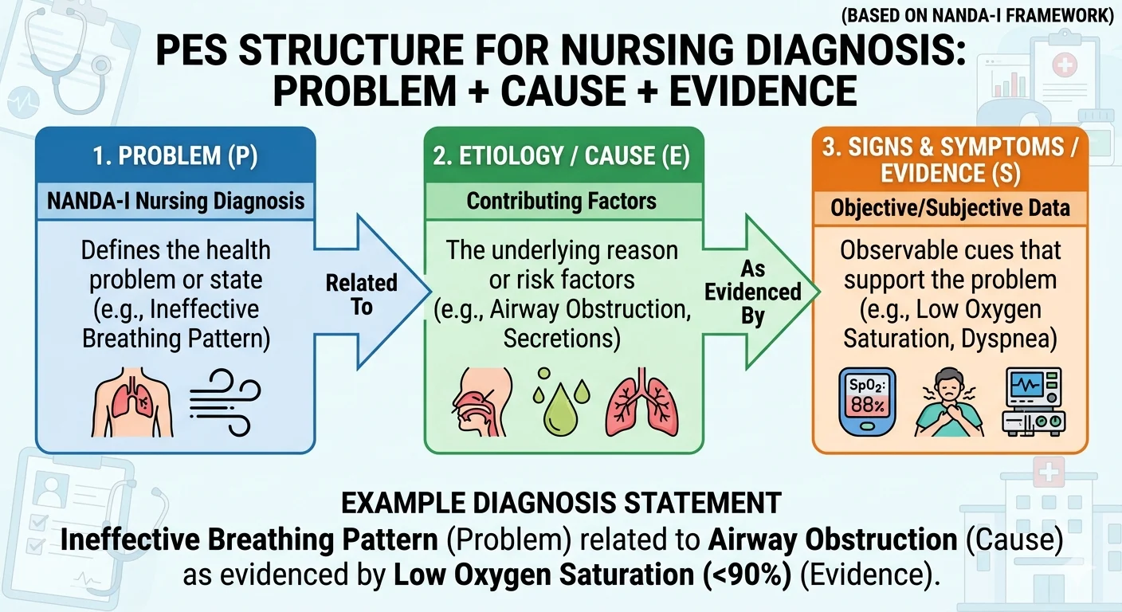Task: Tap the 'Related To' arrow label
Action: click(x=361, y=295)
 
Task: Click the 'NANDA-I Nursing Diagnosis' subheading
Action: click(x=175, y=200)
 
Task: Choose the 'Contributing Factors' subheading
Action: click(x=562, y=201)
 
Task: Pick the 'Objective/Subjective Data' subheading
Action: click(x=949, y=209)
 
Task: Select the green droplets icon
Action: click(x=556, y=400)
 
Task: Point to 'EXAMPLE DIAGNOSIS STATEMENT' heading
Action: click(x=561, y=504)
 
